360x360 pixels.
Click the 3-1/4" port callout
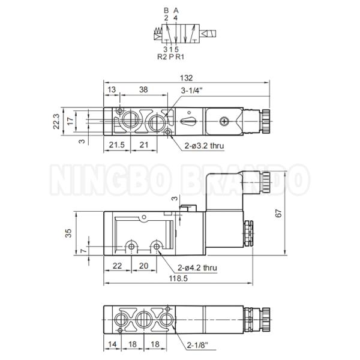(191, 91)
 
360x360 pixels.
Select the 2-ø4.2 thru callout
(197, 268)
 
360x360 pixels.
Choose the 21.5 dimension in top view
(117, 145)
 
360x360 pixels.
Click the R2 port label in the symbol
(161, 57)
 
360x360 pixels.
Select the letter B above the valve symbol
(166, 11)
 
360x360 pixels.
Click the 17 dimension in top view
(71, 121)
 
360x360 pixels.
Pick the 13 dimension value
(112, 90)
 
